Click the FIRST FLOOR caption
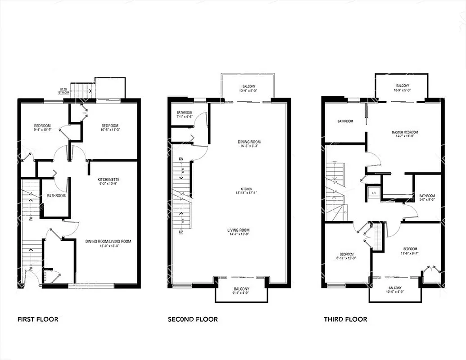[38, 319]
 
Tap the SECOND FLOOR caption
[193, 319]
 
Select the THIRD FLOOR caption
[345, 319]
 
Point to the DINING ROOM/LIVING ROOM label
[108, 242]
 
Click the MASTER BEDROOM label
[404, 132]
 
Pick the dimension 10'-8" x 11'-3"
[110, 130]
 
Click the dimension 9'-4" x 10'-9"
[42, 130]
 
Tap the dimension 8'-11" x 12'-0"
[347, 258]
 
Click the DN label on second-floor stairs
[181, 159]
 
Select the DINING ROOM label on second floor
[249, 142]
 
